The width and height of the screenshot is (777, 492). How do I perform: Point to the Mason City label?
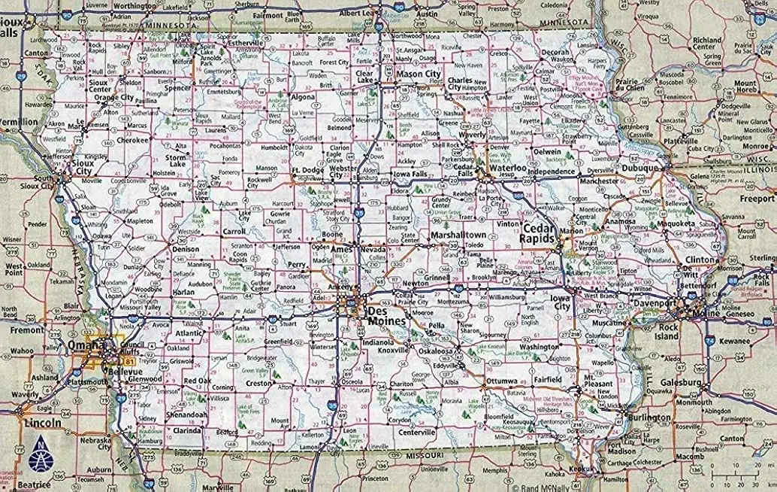(419, 74)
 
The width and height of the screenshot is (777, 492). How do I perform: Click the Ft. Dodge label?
(307, 170)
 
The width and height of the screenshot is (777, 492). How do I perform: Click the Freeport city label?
(757, 199)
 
